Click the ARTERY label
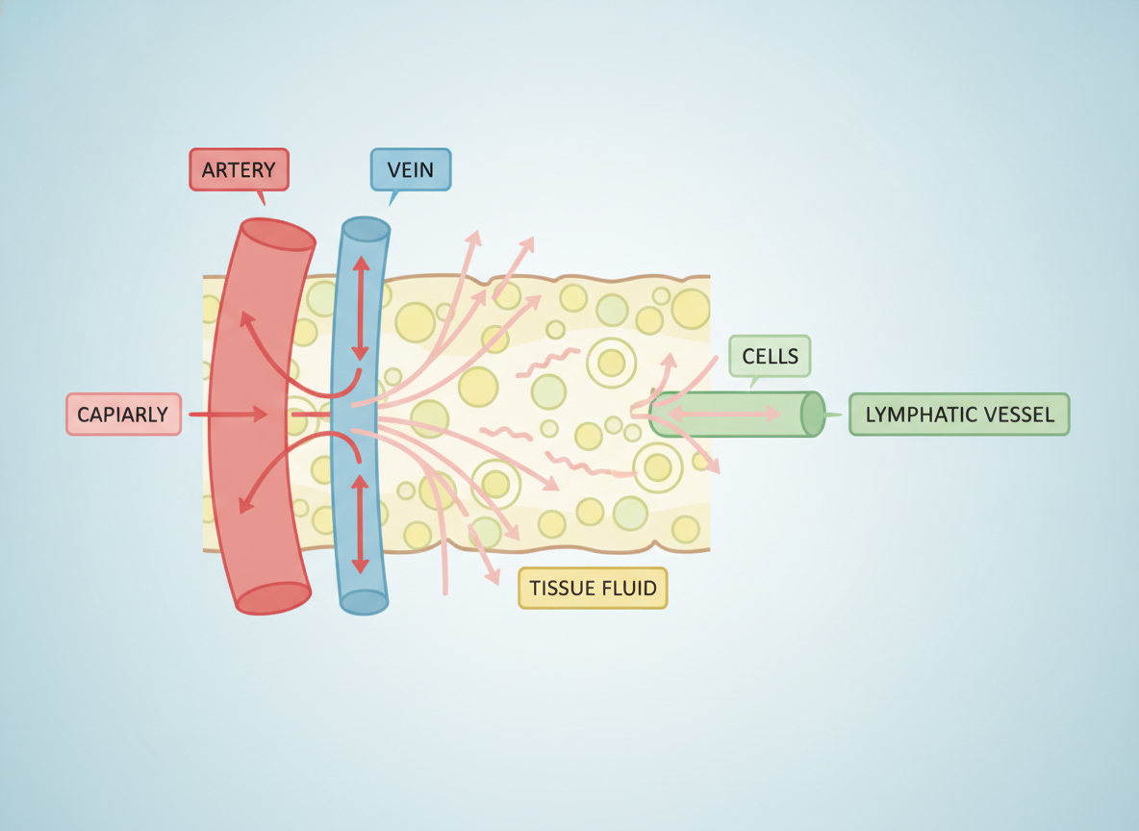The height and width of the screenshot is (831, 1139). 239,169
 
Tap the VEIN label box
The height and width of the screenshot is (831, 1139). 411,169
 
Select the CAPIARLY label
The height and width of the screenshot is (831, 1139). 123,414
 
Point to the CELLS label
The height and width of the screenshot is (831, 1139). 770,356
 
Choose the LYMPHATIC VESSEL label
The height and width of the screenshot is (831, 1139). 959,414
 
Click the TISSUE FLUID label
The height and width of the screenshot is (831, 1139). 593,588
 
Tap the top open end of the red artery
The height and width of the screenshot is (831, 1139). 278,234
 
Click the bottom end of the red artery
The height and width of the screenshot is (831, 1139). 273,598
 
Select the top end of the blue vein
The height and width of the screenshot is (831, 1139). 367,229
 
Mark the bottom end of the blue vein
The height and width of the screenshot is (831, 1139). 364,601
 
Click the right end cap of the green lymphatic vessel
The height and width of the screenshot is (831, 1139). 813,414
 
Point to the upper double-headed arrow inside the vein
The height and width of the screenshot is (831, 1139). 361,308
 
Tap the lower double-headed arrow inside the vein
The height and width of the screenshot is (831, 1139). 361,523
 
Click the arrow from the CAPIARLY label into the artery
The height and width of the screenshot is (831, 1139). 228,414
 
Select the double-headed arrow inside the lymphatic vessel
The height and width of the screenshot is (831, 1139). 724,414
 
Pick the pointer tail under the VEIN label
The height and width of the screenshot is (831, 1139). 393,198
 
